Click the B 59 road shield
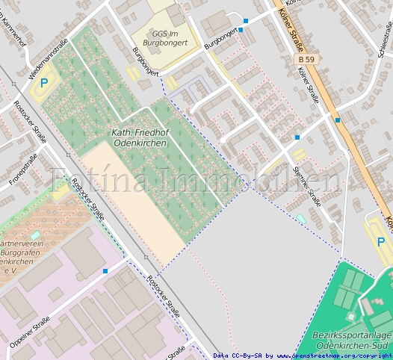(x=306, y=57)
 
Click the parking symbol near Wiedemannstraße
(x=43, y=84)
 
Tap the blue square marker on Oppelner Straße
(x=105, y=271)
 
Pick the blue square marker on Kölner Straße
(x=337, y=119)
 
